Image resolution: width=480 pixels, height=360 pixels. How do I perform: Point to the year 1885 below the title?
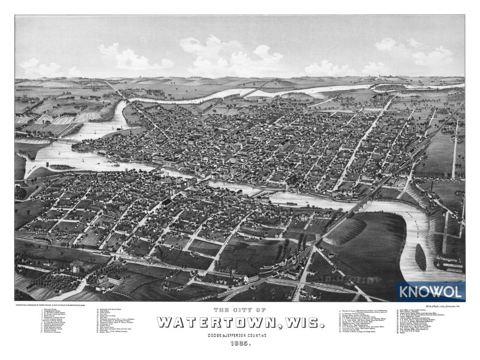[240, 344]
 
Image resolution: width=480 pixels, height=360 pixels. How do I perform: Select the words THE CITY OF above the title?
[240, 310]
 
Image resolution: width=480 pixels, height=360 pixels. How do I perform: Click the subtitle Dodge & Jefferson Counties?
[240, 334]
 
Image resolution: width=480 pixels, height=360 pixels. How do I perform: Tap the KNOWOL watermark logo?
[430, 292]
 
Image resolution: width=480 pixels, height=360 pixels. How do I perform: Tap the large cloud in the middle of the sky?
[231, 56]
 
